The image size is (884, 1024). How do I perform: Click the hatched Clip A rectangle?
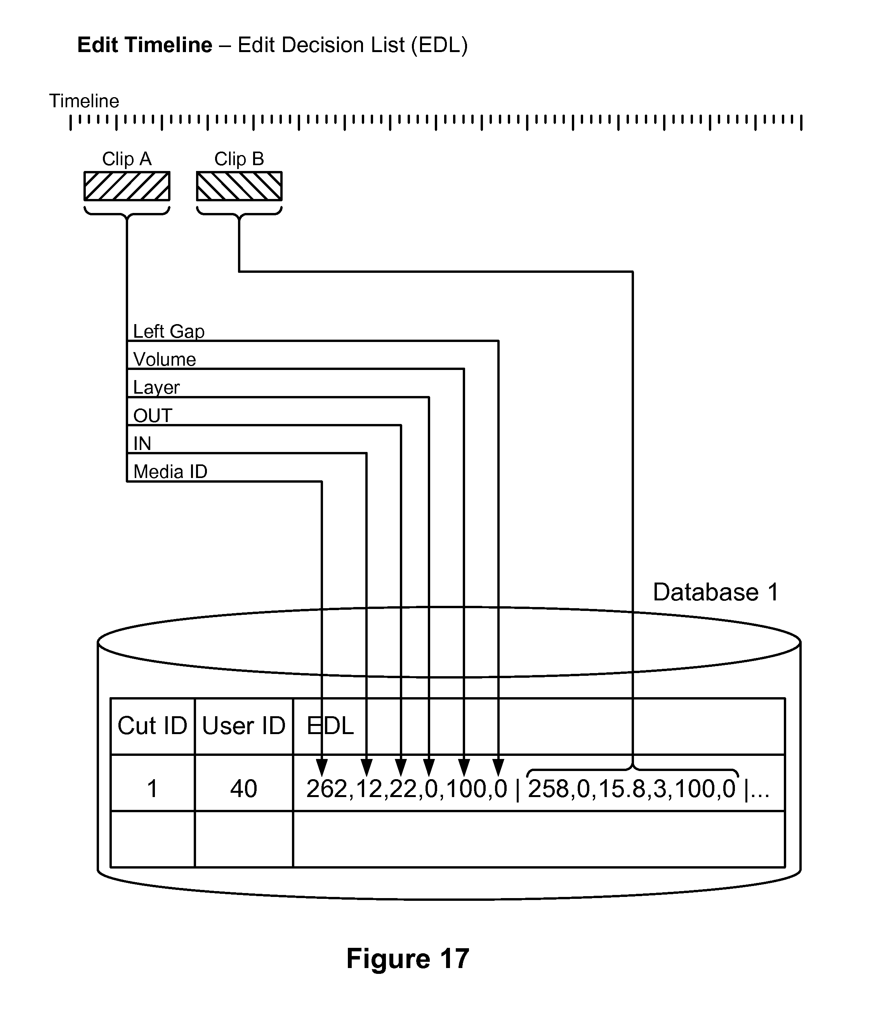coord(127,186)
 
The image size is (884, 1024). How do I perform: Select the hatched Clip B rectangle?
coord(239,186)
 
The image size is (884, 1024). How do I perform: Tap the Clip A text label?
coord(127,159)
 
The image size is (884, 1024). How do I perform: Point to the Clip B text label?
coord(239,159)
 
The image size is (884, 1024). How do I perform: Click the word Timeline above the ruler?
coord(84,101)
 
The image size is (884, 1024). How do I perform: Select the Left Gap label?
coord(168,331)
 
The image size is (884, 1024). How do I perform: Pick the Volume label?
coord(165,359)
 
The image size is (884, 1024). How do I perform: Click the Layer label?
coord(156,387)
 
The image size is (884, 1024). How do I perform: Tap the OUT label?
coord(153,416)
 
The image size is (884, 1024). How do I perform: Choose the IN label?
coord(142,444)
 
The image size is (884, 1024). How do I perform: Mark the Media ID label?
coord(170,472)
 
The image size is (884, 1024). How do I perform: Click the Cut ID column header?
coord(152,726)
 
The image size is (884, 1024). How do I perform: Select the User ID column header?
coord(243,726)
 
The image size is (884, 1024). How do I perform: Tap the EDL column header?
coord(330,726)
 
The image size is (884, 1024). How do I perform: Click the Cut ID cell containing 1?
coord(152,788)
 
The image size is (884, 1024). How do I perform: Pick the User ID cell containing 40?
coord(243,788)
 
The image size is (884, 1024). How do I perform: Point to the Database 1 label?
coord(715,592)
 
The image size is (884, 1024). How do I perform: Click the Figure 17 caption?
coord(407,959)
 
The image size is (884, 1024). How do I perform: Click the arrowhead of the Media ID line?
coord(322,768)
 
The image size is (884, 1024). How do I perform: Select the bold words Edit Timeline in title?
coord(145,45)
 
